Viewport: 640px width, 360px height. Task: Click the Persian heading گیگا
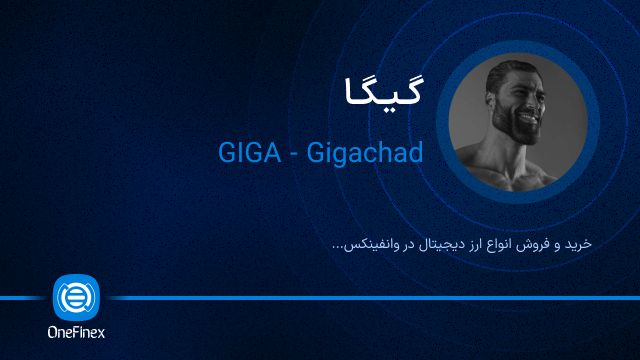coord(379,91)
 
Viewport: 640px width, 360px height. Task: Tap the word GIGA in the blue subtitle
coord(247,153)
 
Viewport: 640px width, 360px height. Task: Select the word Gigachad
coord(369,153)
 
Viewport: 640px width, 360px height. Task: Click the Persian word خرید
coord(578,243)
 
